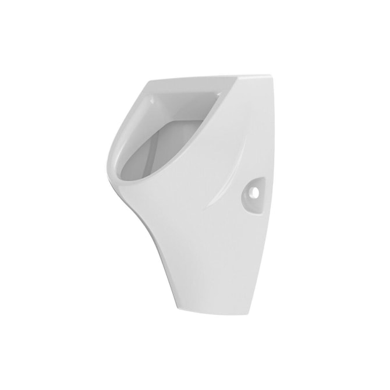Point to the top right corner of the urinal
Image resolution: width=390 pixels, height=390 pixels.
pyautogui.click(x=269, y=76)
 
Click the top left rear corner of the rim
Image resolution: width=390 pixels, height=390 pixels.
pyautogui.click(x=146, y=82)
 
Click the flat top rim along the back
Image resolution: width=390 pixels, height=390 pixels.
pyautogui.click(x=204, y=79)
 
